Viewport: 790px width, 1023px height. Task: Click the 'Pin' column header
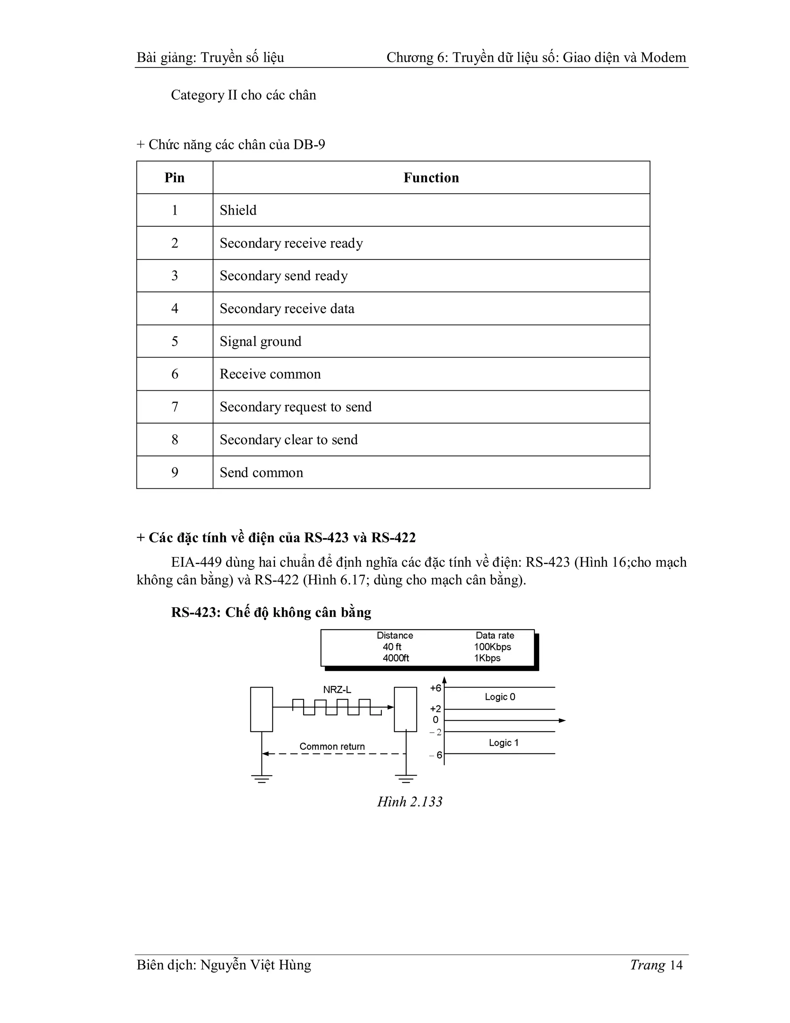(x=175, y=178)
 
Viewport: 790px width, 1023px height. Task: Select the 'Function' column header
(x=431, y=178)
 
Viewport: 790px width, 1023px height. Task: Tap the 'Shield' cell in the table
(x=238, y=210)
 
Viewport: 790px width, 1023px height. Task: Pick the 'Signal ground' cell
(x=260, y=342)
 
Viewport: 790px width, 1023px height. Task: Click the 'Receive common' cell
(x=270, y=374)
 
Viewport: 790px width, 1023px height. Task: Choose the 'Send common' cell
(x=261, y=473)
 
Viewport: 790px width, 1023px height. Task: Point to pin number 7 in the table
(x=175, y=407)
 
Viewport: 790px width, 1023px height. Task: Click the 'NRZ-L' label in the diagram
(x=337, y=690)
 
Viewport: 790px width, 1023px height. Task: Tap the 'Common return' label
(x=332, y=747)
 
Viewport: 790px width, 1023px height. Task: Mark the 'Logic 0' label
(x=500, y=697)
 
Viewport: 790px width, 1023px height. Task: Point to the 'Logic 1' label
(x=503, y=743)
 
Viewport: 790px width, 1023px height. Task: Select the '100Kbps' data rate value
(x=492, y=647)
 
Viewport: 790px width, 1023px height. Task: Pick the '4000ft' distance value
(x=395, y=658)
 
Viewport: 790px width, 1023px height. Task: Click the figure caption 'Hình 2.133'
(x=410, y=802)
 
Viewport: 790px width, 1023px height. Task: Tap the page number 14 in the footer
(x=676, y=965)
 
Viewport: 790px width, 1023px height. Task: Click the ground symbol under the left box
(x=262, y=779)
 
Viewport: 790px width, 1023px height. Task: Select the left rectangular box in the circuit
(x=262, y=709)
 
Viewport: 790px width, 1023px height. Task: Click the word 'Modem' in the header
(x=663, y=58)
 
